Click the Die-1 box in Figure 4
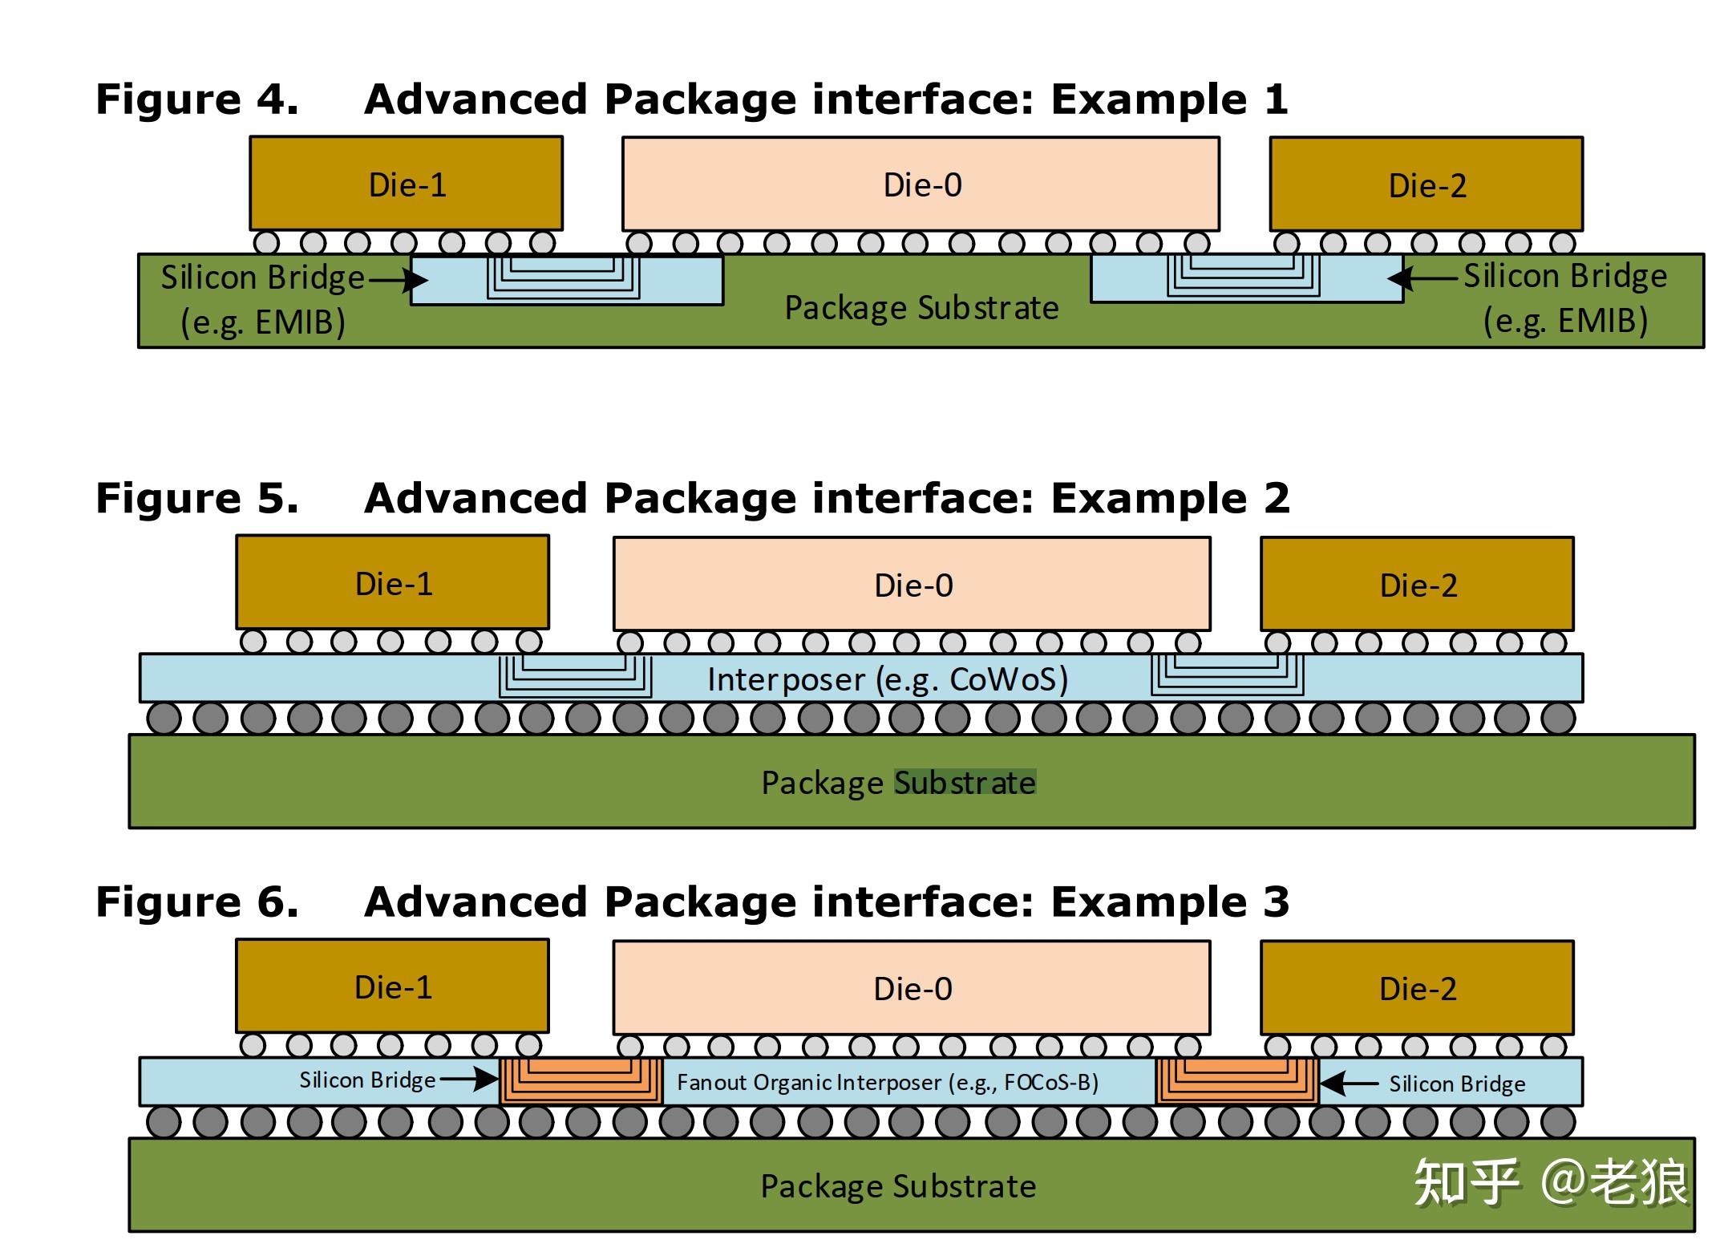coord(407,184)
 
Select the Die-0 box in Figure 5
coord(913,584)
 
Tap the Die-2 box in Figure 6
coord(1418,988)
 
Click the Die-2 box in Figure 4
coord(1426,184)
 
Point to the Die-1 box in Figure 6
coord(393,987)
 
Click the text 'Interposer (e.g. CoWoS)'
coord(888,680)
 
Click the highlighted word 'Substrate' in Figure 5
coord(965,783)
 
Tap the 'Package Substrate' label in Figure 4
coord(921,308)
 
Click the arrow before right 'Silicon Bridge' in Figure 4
coord(1422,278)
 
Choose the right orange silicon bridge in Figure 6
coord(1237,1081)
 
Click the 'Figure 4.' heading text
coord(197,99)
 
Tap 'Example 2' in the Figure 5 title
coord(1170,498)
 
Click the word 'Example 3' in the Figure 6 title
coord(1170,901)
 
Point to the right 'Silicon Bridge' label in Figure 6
coord(1457,1084)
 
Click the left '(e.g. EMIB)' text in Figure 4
coord(263,322)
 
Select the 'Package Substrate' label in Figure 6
coord(898,1186)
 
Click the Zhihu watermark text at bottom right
coord(1550,1182)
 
